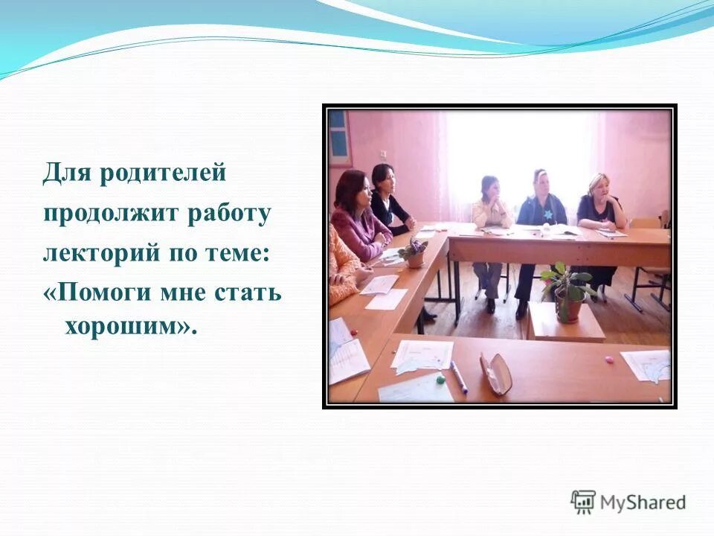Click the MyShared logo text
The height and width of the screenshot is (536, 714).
click(x=643, y=502)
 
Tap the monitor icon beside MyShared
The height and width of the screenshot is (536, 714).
click(x=582, y=501)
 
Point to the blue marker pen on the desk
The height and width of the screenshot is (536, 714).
click(x=459, y=377)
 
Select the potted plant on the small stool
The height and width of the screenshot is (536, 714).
click(x=567, y=292)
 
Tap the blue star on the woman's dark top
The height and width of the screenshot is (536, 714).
click(x=547, y=214)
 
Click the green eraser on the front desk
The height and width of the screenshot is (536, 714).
click(x=440, y=378)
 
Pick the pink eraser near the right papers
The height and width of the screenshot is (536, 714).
click(x=610, y=360)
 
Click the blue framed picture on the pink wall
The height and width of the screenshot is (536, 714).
click(x=338, y=137)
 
